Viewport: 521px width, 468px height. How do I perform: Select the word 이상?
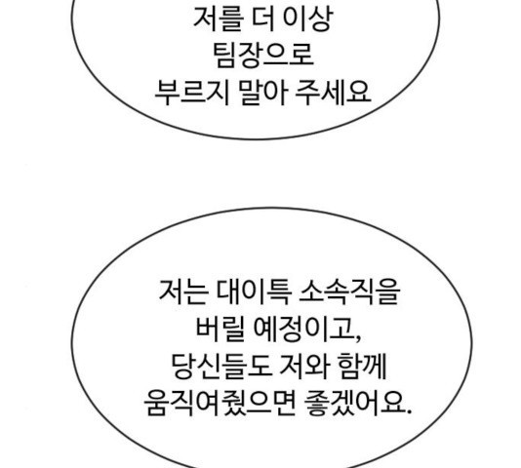pyautogui.click(x=307, y=19)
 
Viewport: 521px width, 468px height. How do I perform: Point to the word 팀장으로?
pyautogui.click(x=262, y=56)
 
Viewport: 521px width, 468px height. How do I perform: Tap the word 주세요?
pyautogui.click(x=333, y=93)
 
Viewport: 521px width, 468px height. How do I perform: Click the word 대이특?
pyautogui.click(x=254, y=292)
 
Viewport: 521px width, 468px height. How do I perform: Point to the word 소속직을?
pyautogui.click(x=349, y=292)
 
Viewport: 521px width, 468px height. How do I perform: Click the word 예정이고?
pyautogui.click(x=303, y=329)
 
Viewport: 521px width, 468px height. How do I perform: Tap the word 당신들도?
pyautogui.click(x=220, y=366)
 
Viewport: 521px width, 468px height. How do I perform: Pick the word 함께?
pyautogui.click(x=362, y=366)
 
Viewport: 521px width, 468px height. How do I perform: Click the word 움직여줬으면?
pyautogui.click(x=220, y=403)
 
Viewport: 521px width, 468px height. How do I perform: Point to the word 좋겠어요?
pyautogui.click(x=353, y=403)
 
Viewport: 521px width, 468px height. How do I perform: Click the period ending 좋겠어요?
pyautogui.click(x=408, y=410)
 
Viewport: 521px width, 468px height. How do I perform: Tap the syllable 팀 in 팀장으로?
pyautogui.click(x=225, y=56)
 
